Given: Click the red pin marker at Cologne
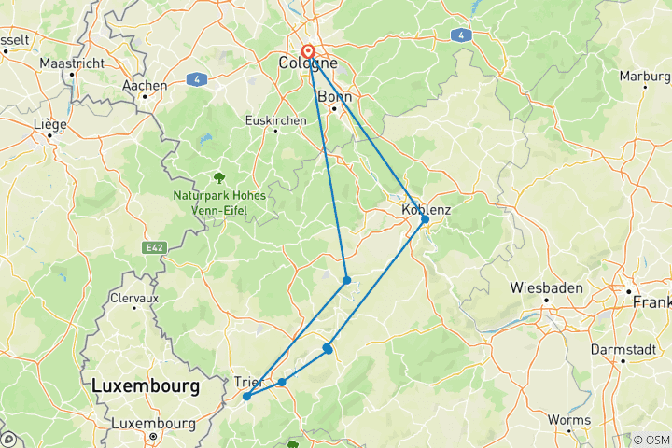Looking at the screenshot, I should [x=307, y=51].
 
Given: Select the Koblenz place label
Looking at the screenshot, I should [x=426, y=209].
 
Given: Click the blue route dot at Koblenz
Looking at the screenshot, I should [x=425, y=219].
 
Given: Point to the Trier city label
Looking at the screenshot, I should [x=248, y=381].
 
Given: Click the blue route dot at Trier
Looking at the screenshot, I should [x=246, y=397].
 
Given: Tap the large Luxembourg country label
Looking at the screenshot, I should [x=146, y=385].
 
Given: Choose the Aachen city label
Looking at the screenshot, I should [x=145, y=85].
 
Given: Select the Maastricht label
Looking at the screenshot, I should [x=71, y=63].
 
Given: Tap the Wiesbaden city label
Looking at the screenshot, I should [x=546, y=287].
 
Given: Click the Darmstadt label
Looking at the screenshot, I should [x=622, y=348].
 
